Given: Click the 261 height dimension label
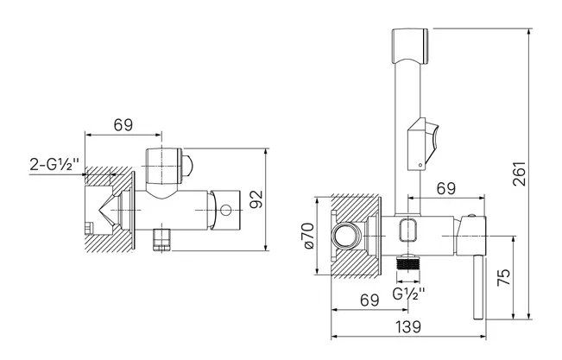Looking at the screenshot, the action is (x=520, y=174).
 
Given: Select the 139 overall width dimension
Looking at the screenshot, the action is (x=408, y=327).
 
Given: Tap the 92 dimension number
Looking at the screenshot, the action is (x=256, y=199).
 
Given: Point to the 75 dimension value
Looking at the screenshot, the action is (x=504, y=277).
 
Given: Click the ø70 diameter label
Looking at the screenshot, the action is (x=308, y=236).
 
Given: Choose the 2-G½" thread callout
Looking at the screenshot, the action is (x=54, y=165).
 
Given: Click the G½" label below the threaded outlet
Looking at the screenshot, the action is (x=408, y=294).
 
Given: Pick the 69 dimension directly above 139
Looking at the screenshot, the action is (x=369, y=300).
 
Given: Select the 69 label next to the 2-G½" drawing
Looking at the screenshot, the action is (x=123, y=125).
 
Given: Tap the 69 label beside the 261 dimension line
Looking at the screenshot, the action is (x=446, y=188).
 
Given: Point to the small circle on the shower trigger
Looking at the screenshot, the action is (x=420, y=165).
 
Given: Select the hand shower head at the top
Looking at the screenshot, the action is (x=410, y=47).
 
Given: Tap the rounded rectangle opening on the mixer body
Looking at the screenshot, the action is (x=408, y=230).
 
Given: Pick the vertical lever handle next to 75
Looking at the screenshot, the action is (x=478, y=287).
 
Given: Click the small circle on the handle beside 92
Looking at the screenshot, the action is (x=226, y=210).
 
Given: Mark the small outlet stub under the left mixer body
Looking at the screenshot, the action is (x=162, y=239).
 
